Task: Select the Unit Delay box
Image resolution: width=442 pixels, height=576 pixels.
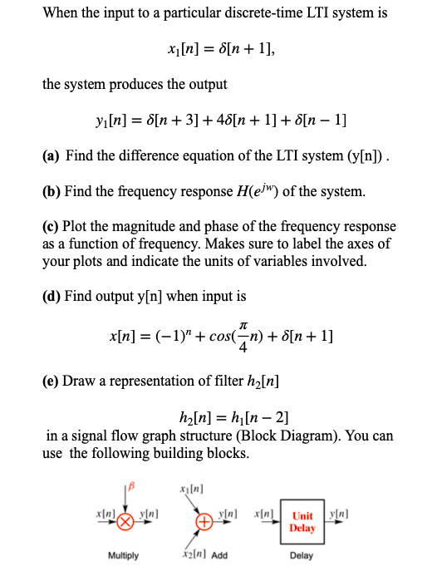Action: (x=302, y=521)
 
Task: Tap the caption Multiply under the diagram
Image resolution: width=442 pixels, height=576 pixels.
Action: (x=124, y=555)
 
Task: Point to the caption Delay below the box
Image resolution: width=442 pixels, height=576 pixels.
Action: (x=302, y=555)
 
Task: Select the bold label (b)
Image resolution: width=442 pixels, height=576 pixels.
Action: (x=52, y=192)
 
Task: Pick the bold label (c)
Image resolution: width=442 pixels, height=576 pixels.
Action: (x=51, y=226)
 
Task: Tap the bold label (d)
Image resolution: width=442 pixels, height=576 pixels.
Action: (x=52, y=296)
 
